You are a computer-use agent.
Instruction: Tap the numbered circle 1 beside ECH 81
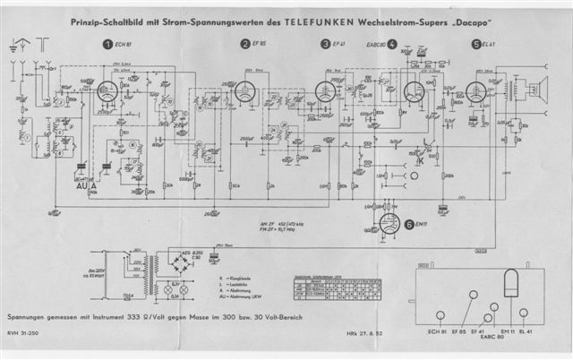pyautogui.click(x=107, y=43)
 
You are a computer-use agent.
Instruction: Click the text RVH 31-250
pyautogui.click(x=21, y=339)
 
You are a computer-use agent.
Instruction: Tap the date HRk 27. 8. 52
pyautogui.click(x=363, y=339)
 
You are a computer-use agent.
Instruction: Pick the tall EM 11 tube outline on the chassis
pyautogui.click(x=512, y=289)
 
